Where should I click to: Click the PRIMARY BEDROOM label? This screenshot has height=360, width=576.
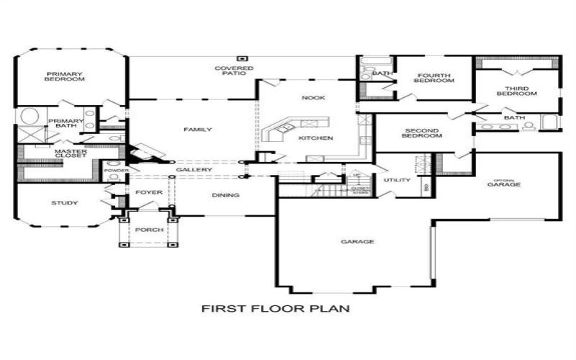pyautogui.click(x=66, y=76)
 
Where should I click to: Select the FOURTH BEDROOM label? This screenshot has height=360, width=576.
pyautogui.click(x=433, y=78)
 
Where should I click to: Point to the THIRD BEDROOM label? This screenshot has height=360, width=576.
pyautogui.click(x=516, y=91)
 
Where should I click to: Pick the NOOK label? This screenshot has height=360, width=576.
pyautogui.click(x=313, y=97)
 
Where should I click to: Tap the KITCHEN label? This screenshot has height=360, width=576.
pyautogui.click(x=315, y=138)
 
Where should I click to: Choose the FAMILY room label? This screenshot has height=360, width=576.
pyautogui.click(x=197, y=130)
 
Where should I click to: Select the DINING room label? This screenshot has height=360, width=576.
pyautogui.click(x=225, y=195)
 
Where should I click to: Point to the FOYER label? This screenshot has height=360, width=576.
pyautogui.click(x=149, y=192)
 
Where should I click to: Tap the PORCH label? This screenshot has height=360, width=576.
pyautogui.click(x=149, y=230)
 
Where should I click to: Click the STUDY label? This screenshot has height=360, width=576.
pyautogui.click(x=64, y=203)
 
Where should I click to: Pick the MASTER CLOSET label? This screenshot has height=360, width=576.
pyautogui.click(x=71, y=153)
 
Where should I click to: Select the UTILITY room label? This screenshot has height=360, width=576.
pyautogui.click(x=396, y=180)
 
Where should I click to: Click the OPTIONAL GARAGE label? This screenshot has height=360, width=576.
pyautogui.click(x=504, y=183)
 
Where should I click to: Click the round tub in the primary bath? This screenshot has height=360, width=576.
pyautogui.click(x=29, y=117)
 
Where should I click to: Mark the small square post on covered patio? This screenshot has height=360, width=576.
pyautogui.click(x=243, y=58)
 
